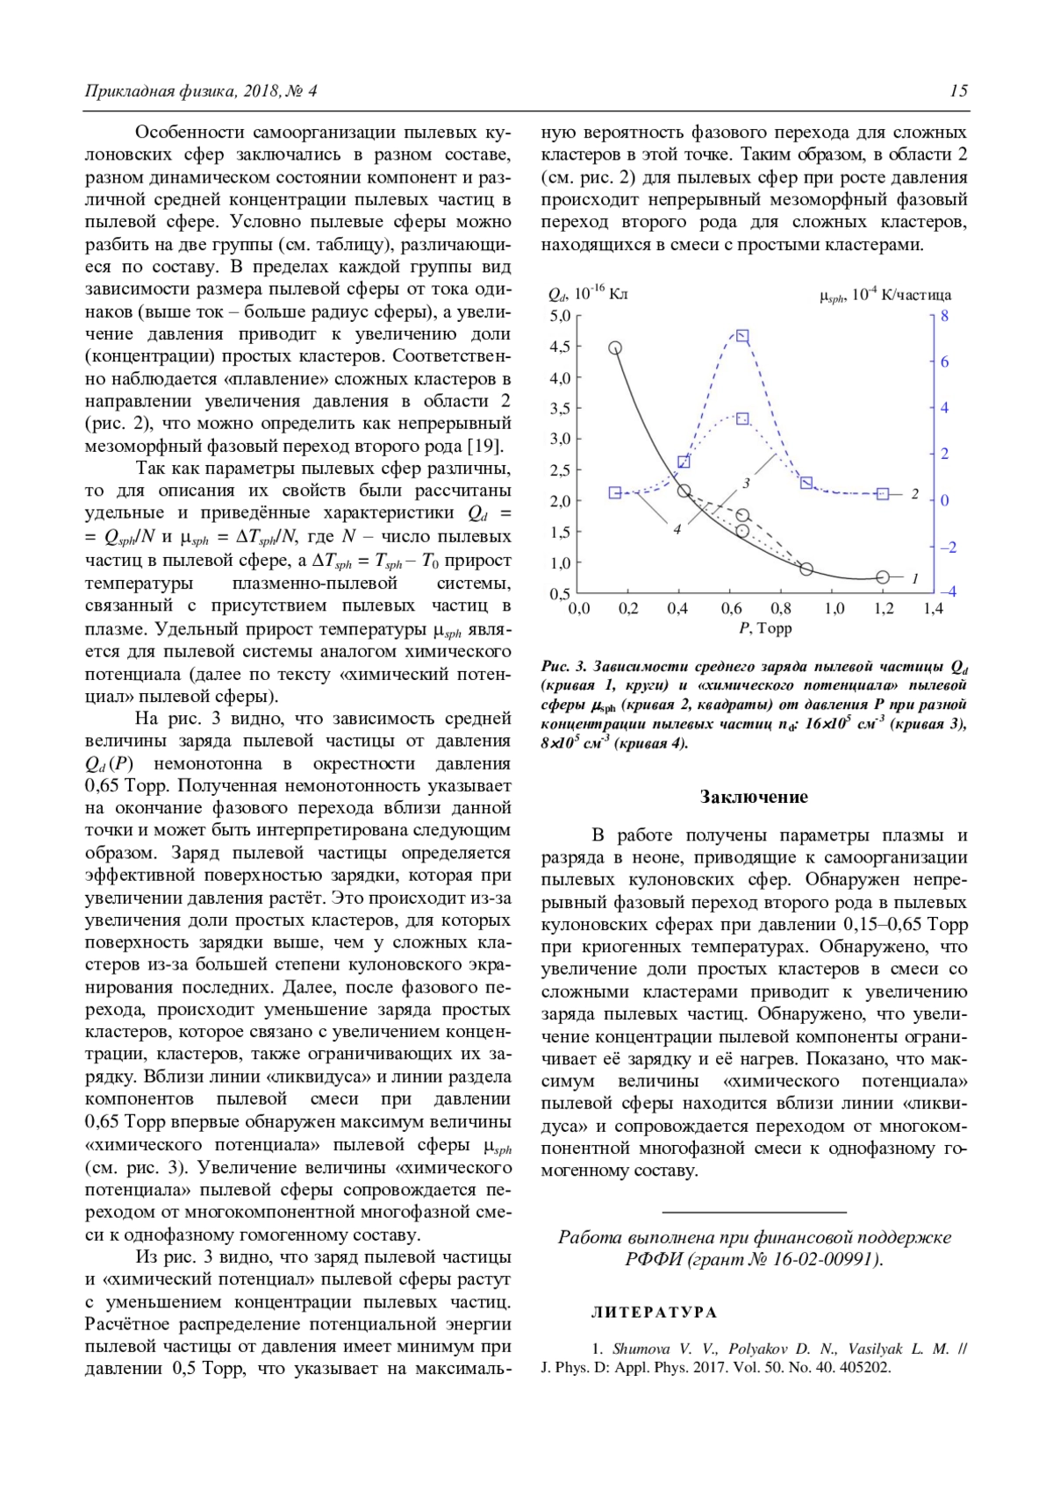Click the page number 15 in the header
tap(958, 91)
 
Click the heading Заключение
tap(754, 797)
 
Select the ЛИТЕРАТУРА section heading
tap(654, 1313)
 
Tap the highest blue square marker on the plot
tap(742, 337)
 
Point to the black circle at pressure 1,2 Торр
tap(883, 577)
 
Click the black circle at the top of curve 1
tap(615, 347)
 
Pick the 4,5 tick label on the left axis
tap(560, 347)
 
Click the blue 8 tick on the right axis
tap(944, 316)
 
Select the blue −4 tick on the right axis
tap(948, 592)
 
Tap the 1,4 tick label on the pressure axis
tap(932, 609)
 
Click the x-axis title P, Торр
tap(765, 628)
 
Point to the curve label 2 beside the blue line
tap(914, 494)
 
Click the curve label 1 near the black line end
tap(914, 578)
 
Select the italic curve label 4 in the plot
tap(677, 530)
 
